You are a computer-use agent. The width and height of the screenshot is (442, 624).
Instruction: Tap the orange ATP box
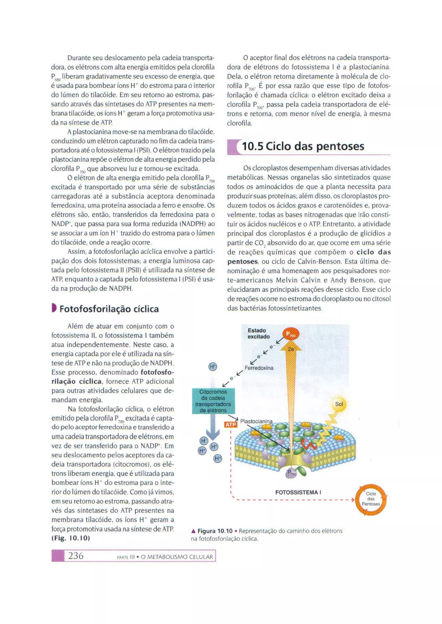coord(230,424)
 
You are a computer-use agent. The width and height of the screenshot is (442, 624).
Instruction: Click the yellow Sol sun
coord(339,404)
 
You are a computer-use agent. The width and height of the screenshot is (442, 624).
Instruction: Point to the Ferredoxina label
coord(259,368)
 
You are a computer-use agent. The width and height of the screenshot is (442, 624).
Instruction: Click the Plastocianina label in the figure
coord(256,421)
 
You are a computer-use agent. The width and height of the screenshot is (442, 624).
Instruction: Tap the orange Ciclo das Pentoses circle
coord(371,499)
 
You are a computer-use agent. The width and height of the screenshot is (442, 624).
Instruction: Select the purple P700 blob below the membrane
coord(291,474)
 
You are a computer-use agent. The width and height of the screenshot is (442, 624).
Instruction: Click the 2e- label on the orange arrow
coord(291,349)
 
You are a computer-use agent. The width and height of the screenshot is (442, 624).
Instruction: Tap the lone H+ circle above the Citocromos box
coord(213,367)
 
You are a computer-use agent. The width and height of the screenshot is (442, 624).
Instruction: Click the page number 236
coord(76,556)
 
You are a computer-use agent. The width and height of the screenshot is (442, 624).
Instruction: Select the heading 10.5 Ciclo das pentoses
coord(303,147)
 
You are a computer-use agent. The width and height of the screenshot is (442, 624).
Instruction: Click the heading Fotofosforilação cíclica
coord(109,309)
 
